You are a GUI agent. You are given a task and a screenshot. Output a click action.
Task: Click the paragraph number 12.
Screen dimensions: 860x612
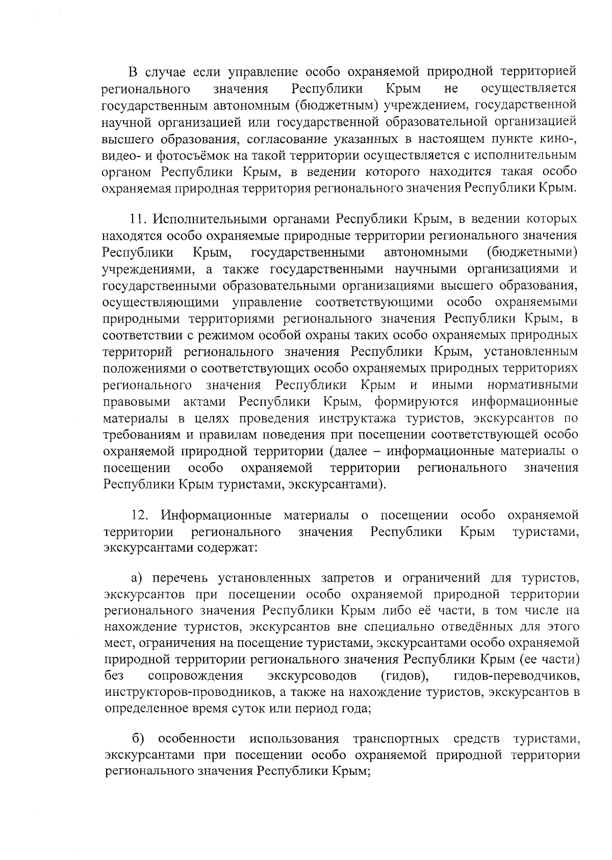coord(139,515)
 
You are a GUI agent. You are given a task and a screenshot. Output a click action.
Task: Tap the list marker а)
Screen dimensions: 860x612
coord(136,578)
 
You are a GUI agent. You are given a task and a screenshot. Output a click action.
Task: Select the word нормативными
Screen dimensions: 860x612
coord(532,385)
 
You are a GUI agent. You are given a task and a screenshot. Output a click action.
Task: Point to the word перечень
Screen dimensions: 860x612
coord(178,578)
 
